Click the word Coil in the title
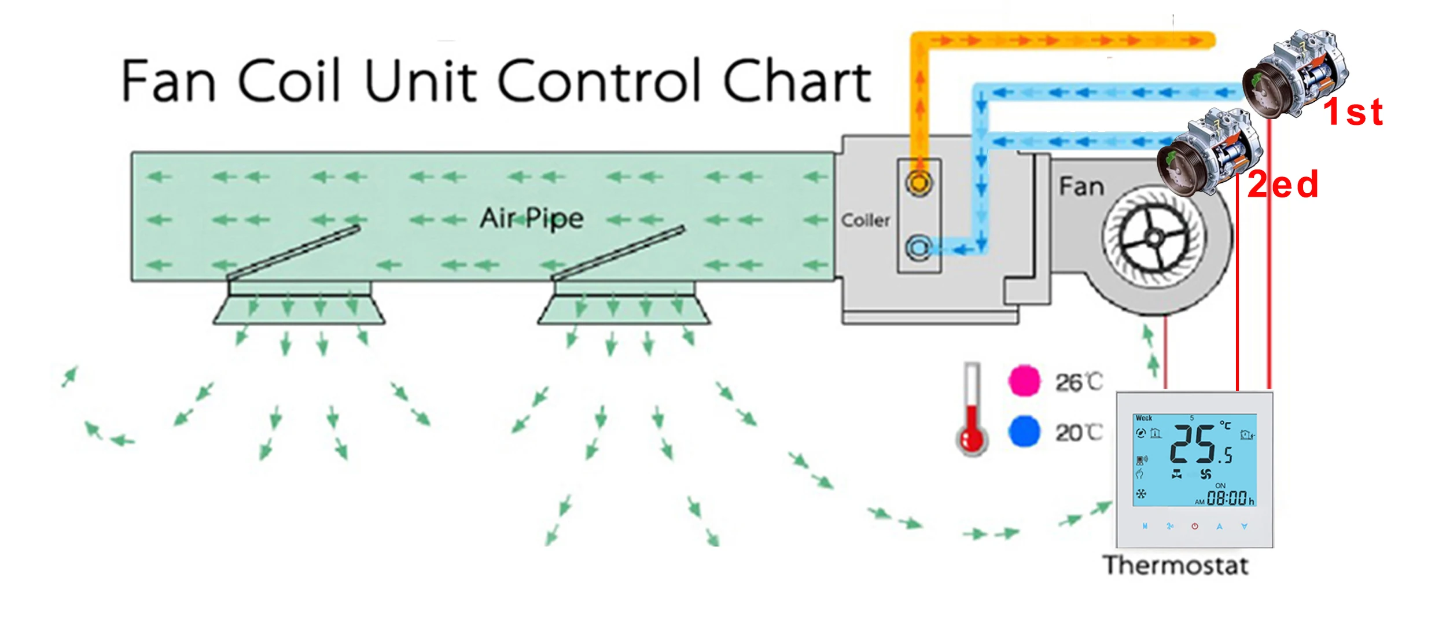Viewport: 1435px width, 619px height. tap(288, 81)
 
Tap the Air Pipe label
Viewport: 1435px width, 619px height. tap(531, 219)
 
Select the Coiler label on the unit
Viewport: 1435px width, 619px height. tap(865, 220)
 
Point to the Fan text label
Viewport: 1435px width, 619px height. tap(1081, 187)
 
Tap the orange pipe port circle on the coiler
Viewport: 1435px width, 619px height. tap(918, 183)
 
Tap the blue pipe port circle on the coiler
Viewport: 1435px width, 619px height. tap(918, 248)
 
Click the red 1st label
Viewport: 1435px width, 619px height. tap(1353, 112)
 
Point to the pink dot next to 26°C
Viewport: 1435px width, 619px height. tap(1024, 381)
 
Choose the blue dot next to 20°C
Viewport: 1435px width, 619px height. tap(1024, 432)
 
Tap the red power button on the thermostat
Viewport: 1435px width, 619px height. tap(1195, 526)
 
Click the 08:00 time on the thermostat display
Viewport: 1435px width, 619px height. tap(1227, 498)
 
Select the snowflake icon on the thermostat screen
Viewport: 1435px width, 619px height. tap(1141, 494)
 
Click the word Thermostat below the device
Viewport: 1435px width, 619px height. tap(1175, 566)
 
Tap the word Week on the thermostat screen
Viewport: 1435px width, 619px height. tap(1144, 418)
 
